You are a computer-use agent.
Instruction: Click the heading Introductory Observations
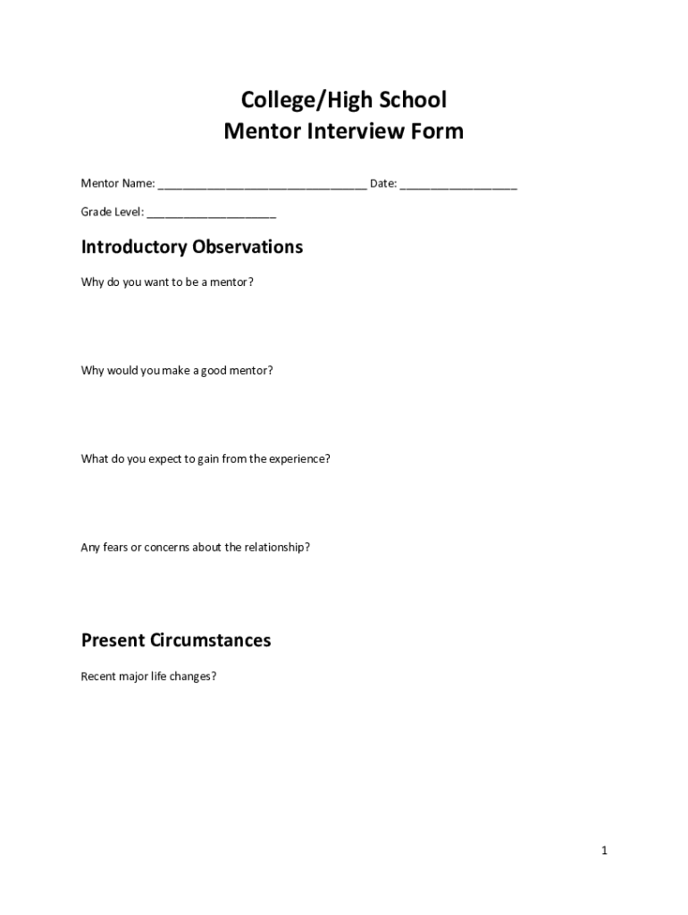click(x=192, y=247)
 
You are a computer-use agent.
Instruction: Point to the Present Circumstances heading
click(x=176, y=641)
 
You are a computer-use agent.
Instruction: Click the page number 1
click(x=605, y=851)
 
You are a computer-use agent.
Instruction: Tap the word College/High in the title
click(x=299, y=99)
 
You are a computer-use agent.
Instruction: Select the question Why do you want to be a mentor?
click(x=167, y=282)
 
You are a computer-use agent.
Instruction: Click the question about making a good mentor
click(x=177, y=370)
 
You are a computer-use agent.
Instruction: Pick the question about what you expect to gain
click(x=206, y=458)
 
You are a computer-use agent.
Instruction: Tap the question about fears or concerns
click(x=196, y=547)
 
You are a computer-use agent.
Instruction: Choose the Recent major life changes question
click(x=148, y=676)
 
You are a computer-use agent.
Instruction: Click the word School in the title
click(x=412, y=99)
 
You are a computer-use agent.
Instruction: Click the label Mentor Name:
click(x=118, y=184)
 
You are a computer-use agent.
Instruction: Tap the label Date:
click(x=383, y=184)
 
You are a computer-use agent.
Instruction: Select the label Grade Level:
click(x=113, y=213)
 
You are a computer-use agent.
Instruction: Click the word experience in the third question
click(x=299, y=459)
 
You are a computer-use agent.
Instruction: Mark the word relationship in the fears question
click(x=276, y=547)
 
